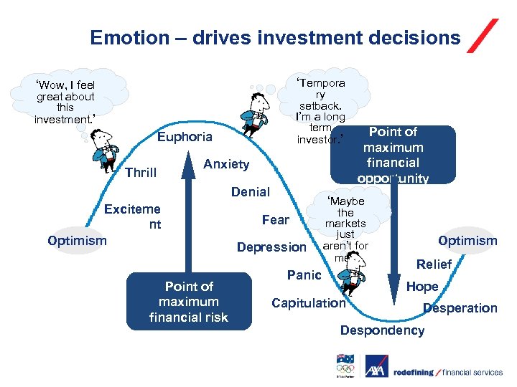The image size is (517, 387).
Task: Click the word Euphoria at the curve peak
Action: coord(185,137)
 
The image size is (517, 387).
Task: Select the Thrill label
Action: coord(141,173)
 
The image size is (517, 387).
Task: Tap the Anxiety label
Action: coord(226,164)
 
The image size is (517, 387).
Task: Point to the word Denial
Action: coord(251,192)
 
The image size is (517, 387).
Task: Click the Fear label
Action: coord(276,220)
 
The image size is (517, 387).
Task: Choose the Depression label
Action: coord(271,247)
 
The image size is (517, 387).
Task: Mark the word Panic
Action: coord(304,275)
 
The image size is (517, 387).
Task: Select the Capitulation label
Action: coord(309,303)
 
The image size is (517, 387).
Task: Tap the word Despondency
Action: coord(382,330)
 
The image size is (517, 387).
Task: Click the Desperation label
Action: coord(460,308)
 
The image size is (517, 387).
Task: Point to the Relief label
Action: coord(434,264)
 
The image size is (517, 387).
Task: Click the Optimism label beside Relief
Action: coord(467,241)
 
